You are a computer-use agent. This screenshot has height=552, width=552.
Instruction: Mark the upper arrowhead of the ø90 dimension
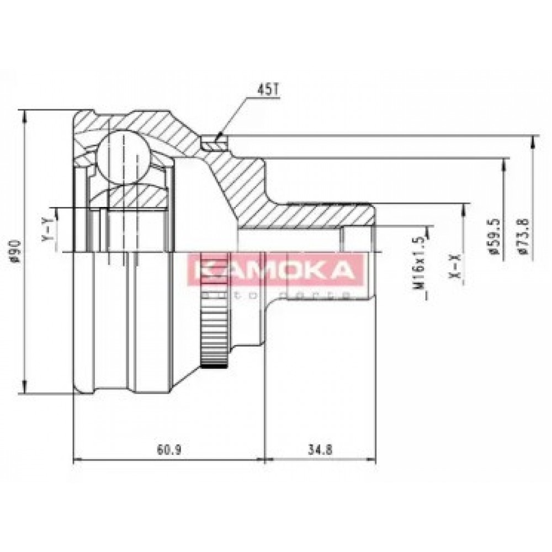click(24, 113)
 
